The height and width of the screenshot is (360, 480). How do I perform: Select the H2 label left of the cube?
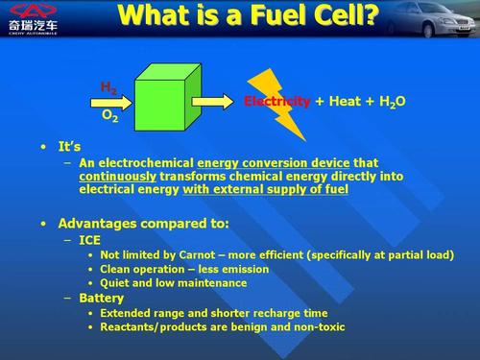(x=108, y=87)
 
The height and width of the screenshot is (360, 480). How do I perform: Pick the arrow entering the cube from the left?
(x=115, y=101)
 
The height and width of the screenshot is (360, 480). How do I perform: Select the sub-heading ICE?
(x=89, y=241)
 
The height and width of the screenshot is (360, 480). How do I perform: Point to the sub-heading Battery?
(x=102, y=299)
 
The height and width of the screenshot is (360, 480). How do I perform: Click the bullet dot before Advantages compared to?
(x=44, y=224)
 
